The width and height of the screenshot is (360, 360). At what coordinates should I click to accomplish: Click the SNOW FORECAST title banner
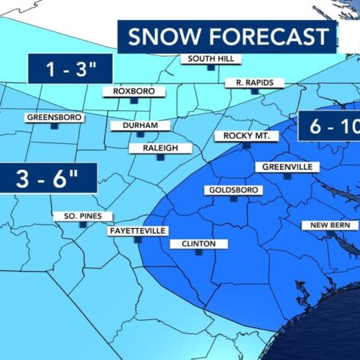227,37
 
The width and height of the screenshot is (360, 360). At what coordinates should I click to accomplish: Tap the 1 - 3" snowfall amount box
68,69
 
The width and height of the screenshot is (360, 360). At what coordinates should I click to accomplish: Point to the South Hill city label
209,58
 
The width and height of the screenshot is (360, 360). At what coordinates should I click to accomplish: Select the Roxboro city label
132,92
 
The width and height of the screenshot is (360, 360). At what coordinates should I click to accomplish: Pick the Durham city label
139,126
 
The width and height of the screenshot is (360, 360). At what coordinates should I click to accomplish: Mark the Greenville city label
287,166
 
